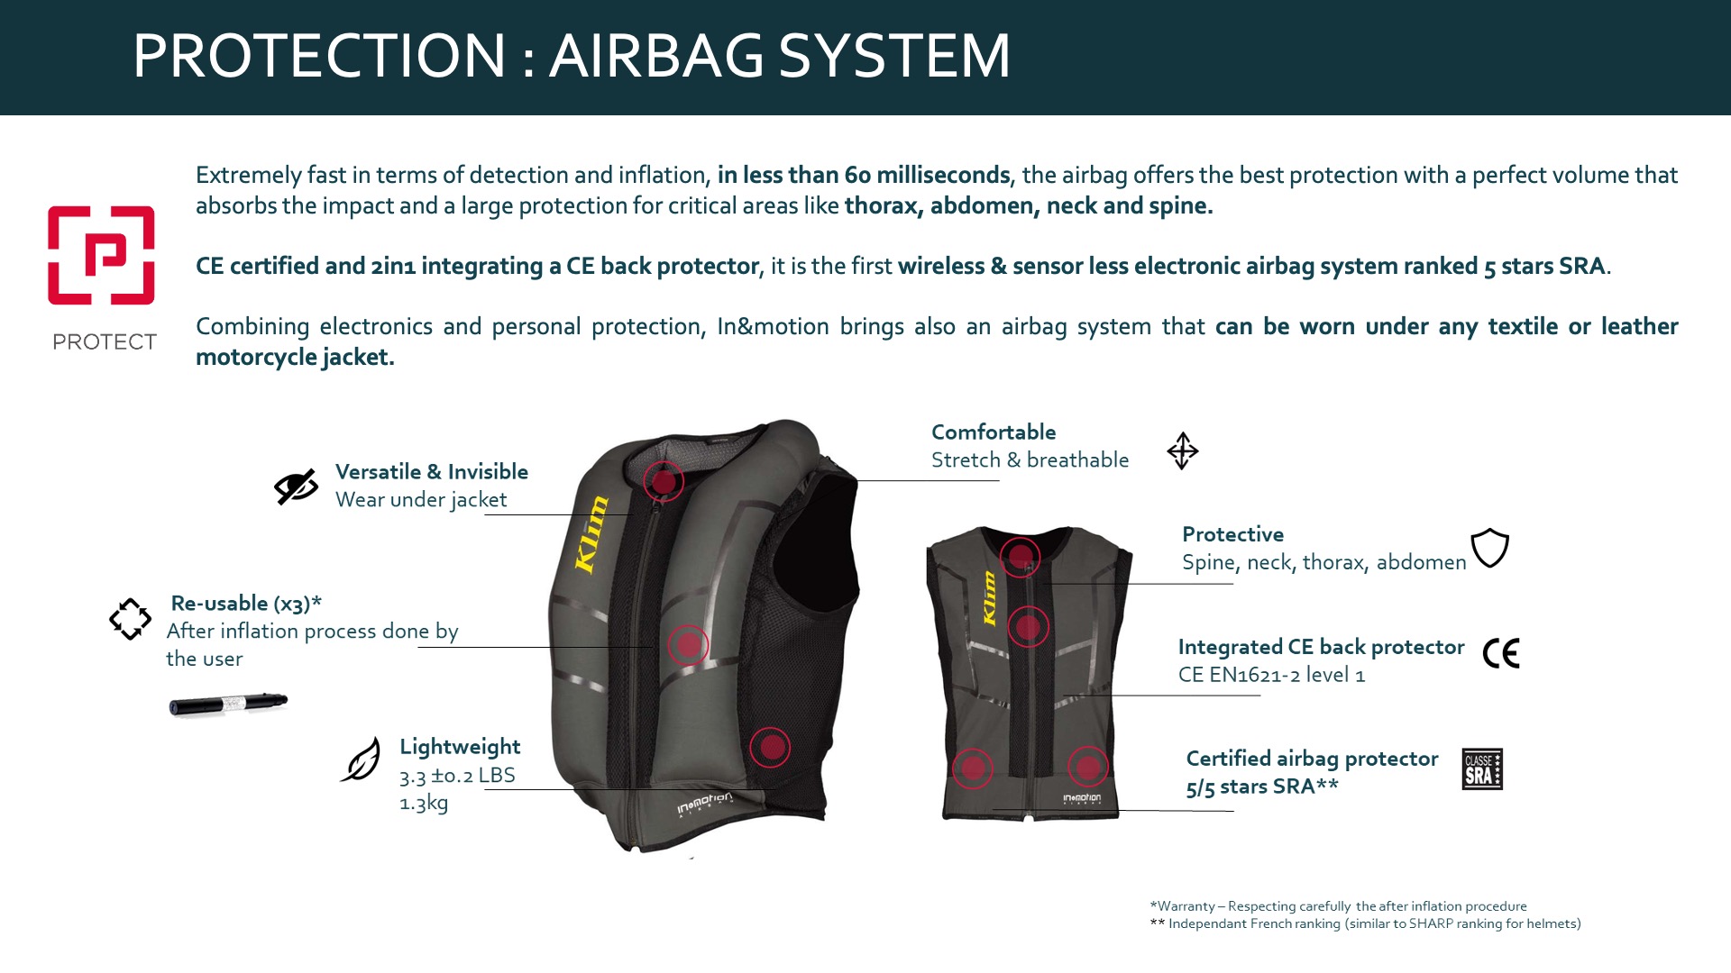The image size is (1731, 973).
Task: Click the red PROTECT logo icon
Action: [x=101, y=256]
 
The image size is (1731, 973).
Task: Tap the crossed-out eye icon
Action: [x=296, y=486]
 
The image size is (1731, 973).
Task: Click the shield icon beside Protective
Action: [x=1489, y=548]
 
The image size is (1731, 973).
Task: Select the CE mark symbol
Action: [x=1501, y=653]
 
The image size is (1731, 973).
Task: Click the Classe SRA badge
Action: [x=1482, y=768]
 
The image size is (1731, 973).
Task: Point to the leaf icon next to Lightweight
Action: [x=361, y=759]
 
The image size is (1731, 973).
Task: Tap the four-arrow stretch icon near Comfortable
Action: [x=1182, y=450]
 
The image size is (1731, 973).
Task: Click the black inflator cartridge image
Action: [x=228, y=704]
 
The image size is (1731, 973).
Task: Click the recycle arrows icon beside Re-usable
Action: [x=130, y=619]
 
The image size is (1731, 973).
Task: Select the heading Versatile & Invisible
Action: [x=432, y=471]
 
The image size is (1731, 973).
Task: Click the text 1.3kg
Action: [x=424, y=803]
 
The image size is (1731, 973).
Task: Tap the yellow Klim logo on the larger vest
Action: [x=591, y=534]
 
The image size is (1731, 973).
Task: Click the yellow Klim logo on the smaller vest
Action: [x=989, y=598]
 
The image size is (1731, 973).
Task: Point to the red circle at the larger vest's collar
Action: [x=664, y=481]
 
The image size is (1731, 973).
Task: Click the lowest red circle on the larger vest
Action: [x=770, y=747]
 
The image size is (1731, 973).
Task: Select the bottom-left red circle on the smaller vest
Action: [x=973, y=768]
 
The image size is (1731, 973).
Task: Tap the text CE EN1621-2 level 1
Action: [x=1271, y=675]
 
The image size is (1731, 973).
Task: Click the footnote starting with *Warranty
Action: [x=1338, y=906]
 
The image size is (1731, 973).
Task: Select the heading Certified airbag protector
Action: [x=1312, y=759]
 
